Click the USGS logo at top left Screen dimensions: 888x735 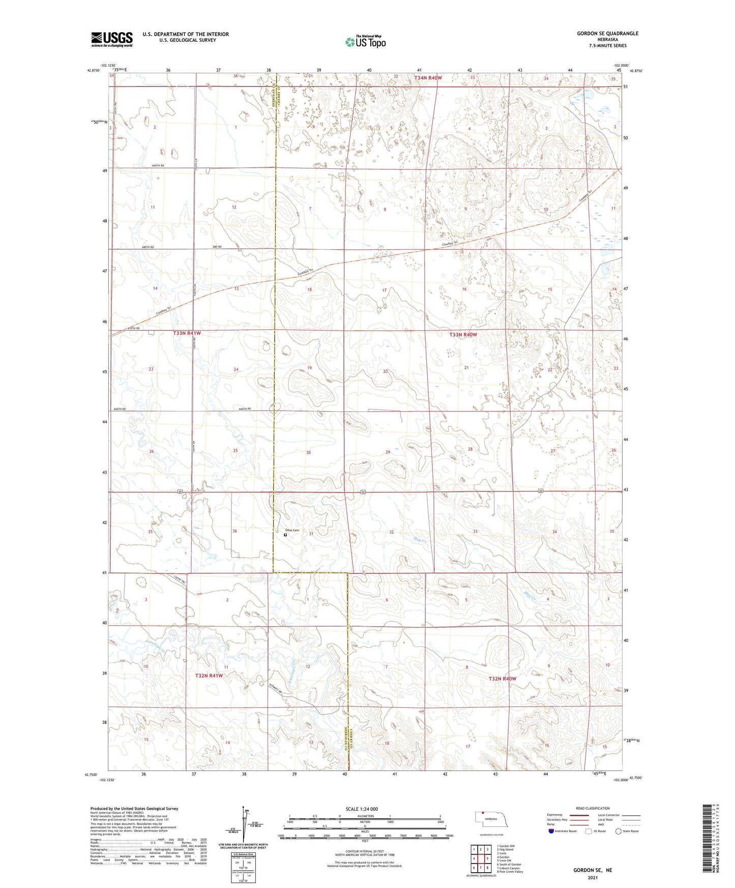coord(111,39)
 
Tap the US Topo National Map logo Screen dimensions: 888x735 coord(365,42)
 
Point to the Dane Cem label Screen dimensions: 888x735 coord(292,530)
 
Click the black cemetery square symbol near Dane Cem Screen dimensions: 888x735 coord(285,535)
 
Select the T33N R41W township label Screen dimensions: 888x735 coord(187,333)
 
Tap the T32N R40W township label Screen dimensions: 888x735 coord(502,678)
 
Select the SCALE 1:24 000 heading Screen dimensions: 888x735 coord(362,809)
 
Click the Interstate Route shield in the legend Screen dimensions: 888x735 coord(552,831)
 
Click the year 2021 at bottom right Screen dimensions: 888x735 coord(593,878)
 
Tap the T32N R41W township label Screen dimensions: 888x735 coord(209,675)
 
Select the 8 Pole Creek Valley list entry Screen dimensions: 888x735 coord(510,871)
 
